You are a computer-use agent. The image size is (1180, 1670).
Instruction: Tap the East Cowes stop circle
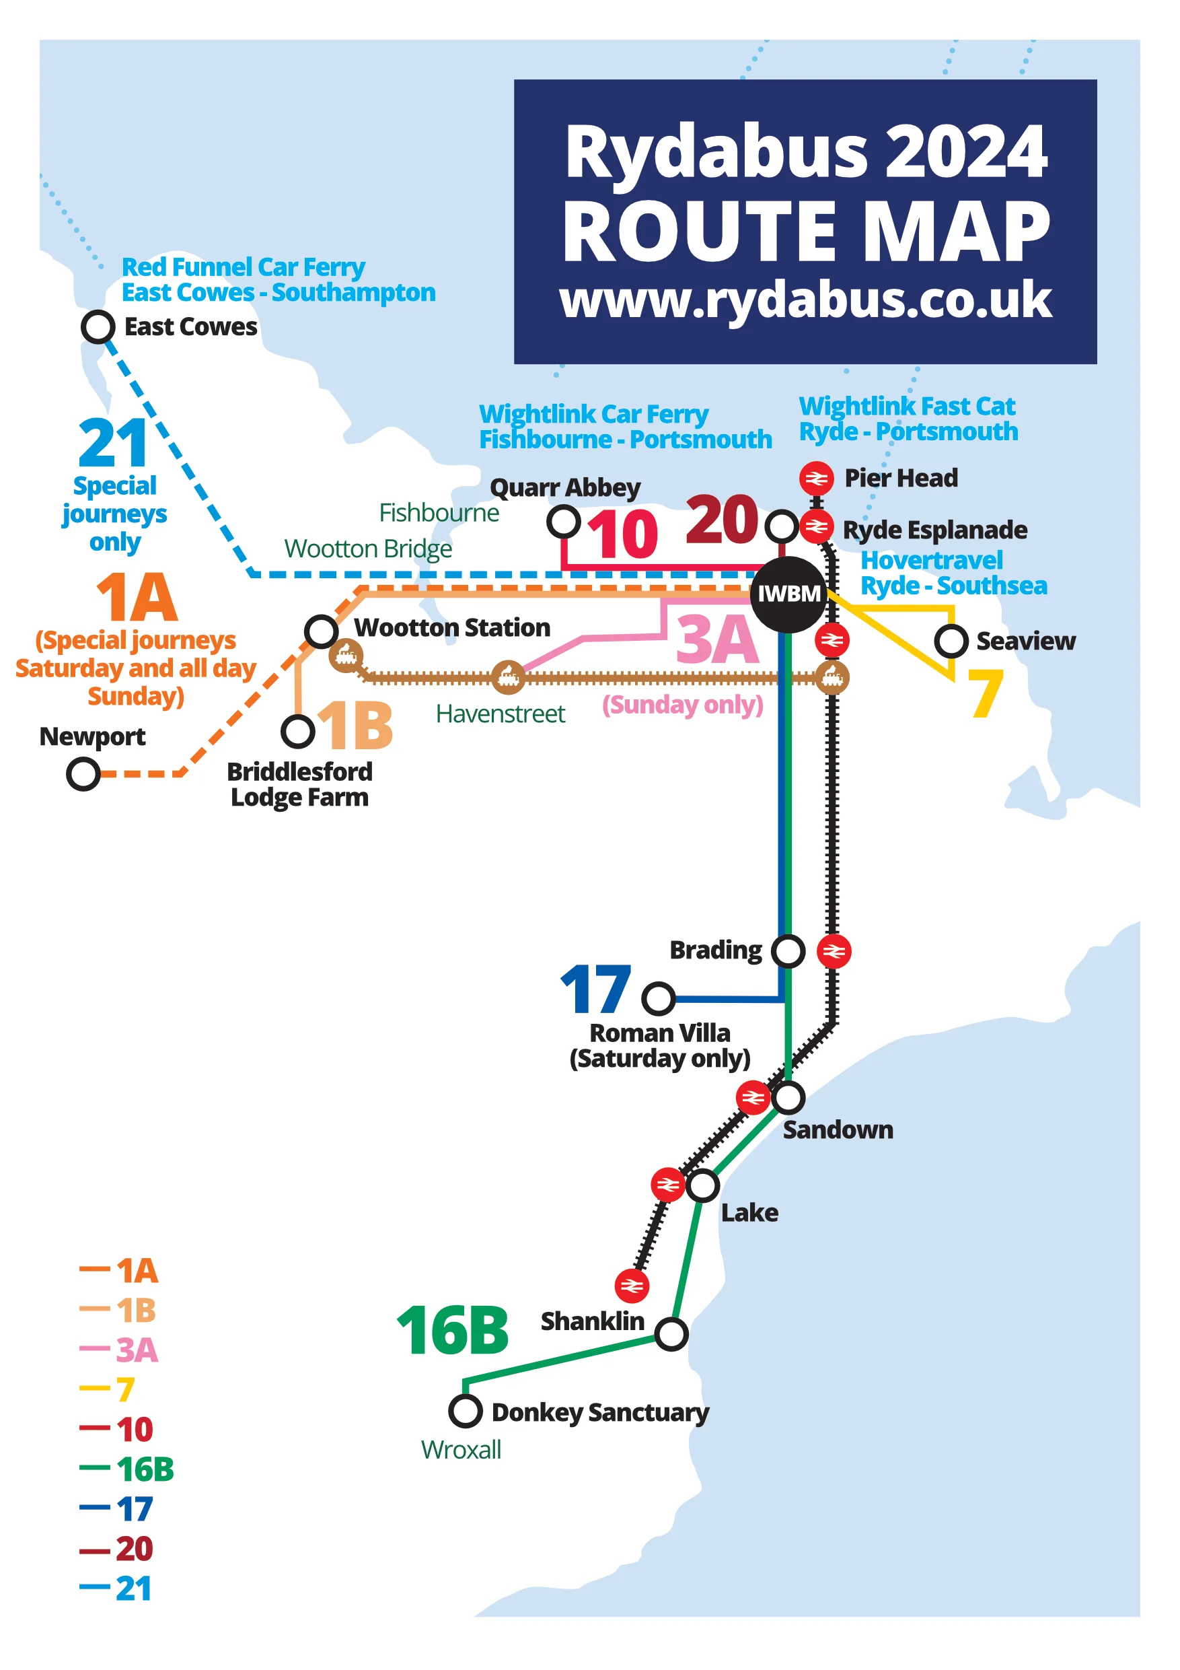(98, 326)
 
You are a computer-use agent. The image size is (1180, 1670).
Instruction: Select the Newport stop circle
(83, 773)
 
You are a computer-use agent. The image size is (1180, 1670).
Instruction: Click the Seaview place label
(1025, 641)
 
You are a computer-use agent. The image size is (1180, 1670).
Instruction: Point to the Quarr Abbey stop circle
(564, 521)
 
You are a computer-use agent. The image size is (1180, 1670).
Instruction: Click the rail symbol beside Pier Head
(817, 478)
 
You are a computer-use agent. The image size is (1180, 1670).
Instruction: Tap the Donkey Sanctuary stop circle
(466, 1411)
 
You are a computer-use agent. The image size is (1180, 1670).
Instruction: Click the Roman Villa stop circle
(659, 998)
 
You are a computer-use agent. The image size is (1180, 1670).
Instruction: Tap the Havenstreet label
(501, 714)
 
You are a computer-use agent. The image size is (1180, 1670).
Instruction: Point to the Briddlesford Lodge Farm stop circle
(298, 731)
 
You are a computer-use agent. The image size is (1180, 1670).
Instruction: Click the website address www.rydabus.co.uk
(805, 300)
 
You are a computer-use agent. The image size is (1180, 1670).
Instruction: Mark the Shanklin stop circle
(671, 1333)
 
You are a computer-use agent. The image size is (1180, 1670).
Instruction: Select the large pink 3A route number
(717, 639)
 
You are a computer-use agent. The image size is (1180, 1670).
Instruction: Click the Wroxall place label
(461, 1450)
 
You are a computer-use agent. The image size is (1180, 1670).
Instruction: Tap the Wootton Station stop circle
(322, 631)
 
